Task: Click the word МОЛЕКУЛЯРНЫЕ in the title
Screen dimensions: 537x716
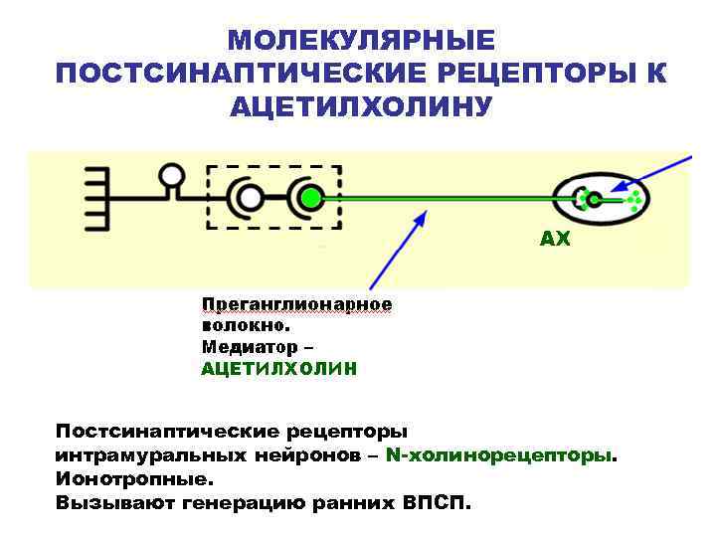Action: (x=360, y=41)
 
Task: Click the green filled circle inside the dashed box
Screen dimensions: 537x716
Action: (x=311, y=199)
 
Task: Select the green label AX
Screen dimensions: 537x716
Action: (x=555, y=240)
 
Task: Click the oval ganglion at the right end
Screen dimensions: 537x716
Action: (x=601, y=199)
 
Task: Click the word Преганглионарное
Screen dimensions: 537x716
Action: (x=296, y=304)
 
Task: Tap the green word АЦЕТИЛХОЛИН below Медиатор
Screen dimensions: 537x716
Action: (x=278, y=369)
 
